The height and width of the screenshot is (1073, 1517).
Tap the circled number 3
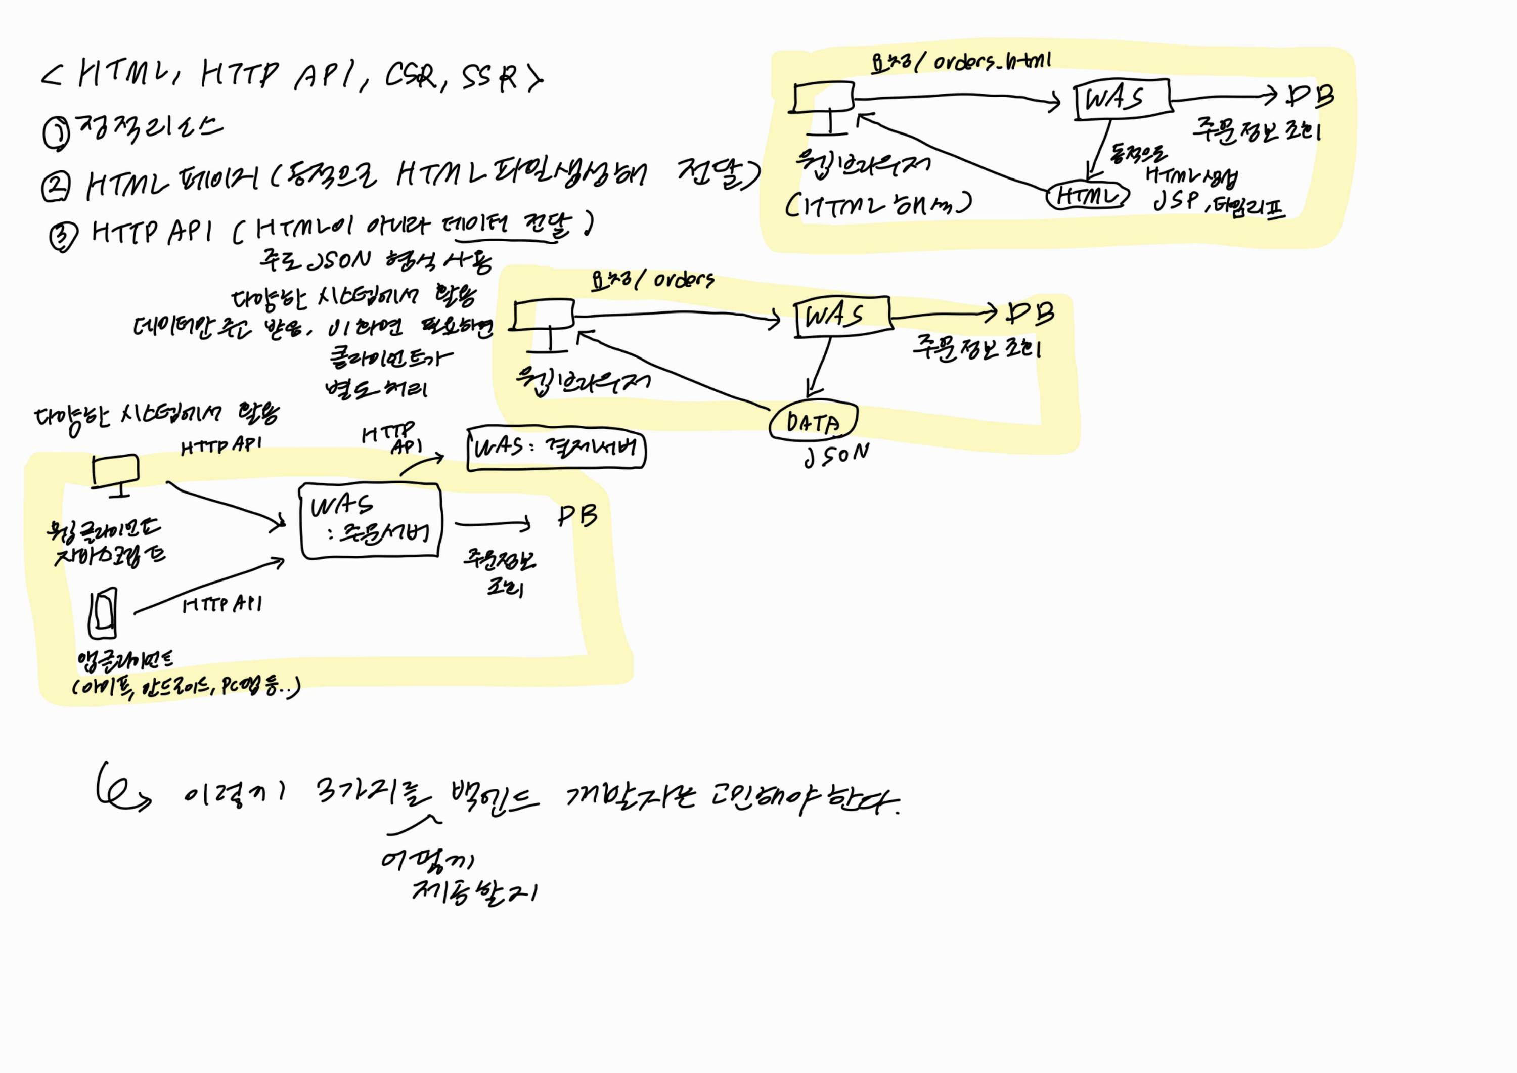[x=63, y=236]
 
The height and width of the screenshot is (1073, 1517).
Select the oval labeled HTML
[x=1087, y=196]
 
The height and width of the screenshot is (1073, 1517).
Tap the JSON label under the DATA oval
[x=836, y=455]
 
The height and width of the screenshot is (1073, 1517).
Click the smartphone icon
[x=103, y=613]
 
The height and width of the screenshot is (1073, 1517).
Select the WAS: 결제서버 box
[x=556, y=450]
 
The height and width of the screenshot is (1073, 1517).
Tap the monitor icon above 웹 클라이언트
[x=116, y=474]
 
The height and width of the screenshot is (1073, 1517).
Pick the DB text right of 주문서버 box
[x=577, y=516]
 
